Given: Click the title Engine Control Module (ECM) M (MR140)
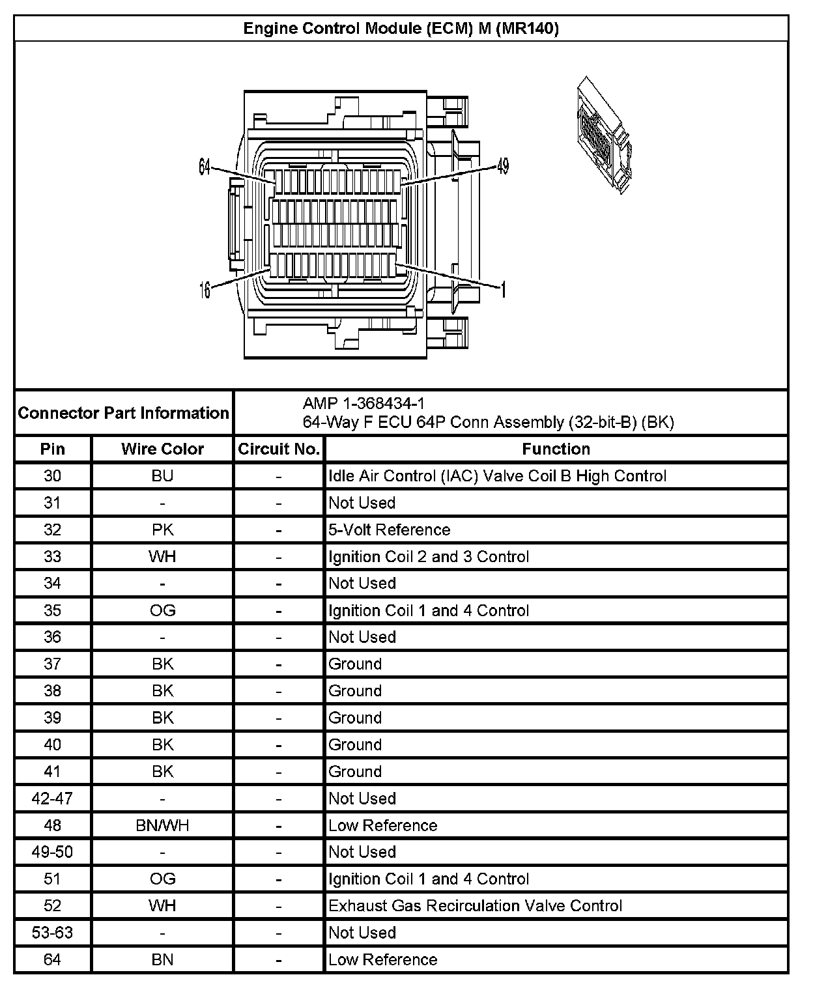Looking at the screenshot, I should point(401,29).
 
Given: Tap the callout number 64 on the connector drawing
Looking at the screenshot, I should point(205,167).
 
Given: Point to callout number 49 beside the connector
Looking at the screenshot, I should point(502,167).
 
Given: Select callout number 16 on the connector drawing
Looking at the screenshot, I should point(205,289).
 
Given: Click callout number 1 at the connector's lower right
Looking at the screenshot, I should point(502,289).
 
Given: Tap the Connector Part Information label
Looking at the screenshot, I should point(124,413).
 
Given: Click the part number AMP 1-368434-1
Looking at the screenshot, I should point(364,404).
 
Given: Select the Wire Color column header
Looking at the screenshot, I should point(162,449).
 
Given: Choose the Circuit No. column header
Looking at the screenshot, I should point(279,449).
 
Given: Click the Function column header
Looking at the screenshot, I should point(556,449).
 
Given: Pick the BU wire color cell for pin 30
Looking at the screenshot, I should point(162,476).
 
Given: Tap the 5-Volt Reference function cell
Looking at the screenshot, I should point(389,530).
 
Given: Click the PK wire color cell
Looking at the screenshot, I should point(162,530).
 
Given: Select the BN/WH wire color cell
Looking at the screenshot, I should point(162,825).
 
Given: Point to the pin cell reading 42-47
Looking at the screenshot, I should point(52,799).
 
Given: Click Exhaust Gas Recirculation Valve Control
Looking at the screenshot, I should point(475,906).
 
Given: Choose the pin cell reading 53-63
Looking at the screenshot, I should point(52,933).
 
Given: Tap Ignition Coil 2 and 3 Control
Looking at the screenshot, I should point(429,557).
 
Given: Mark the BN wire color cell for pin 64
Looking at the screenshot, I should point(162,959).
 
